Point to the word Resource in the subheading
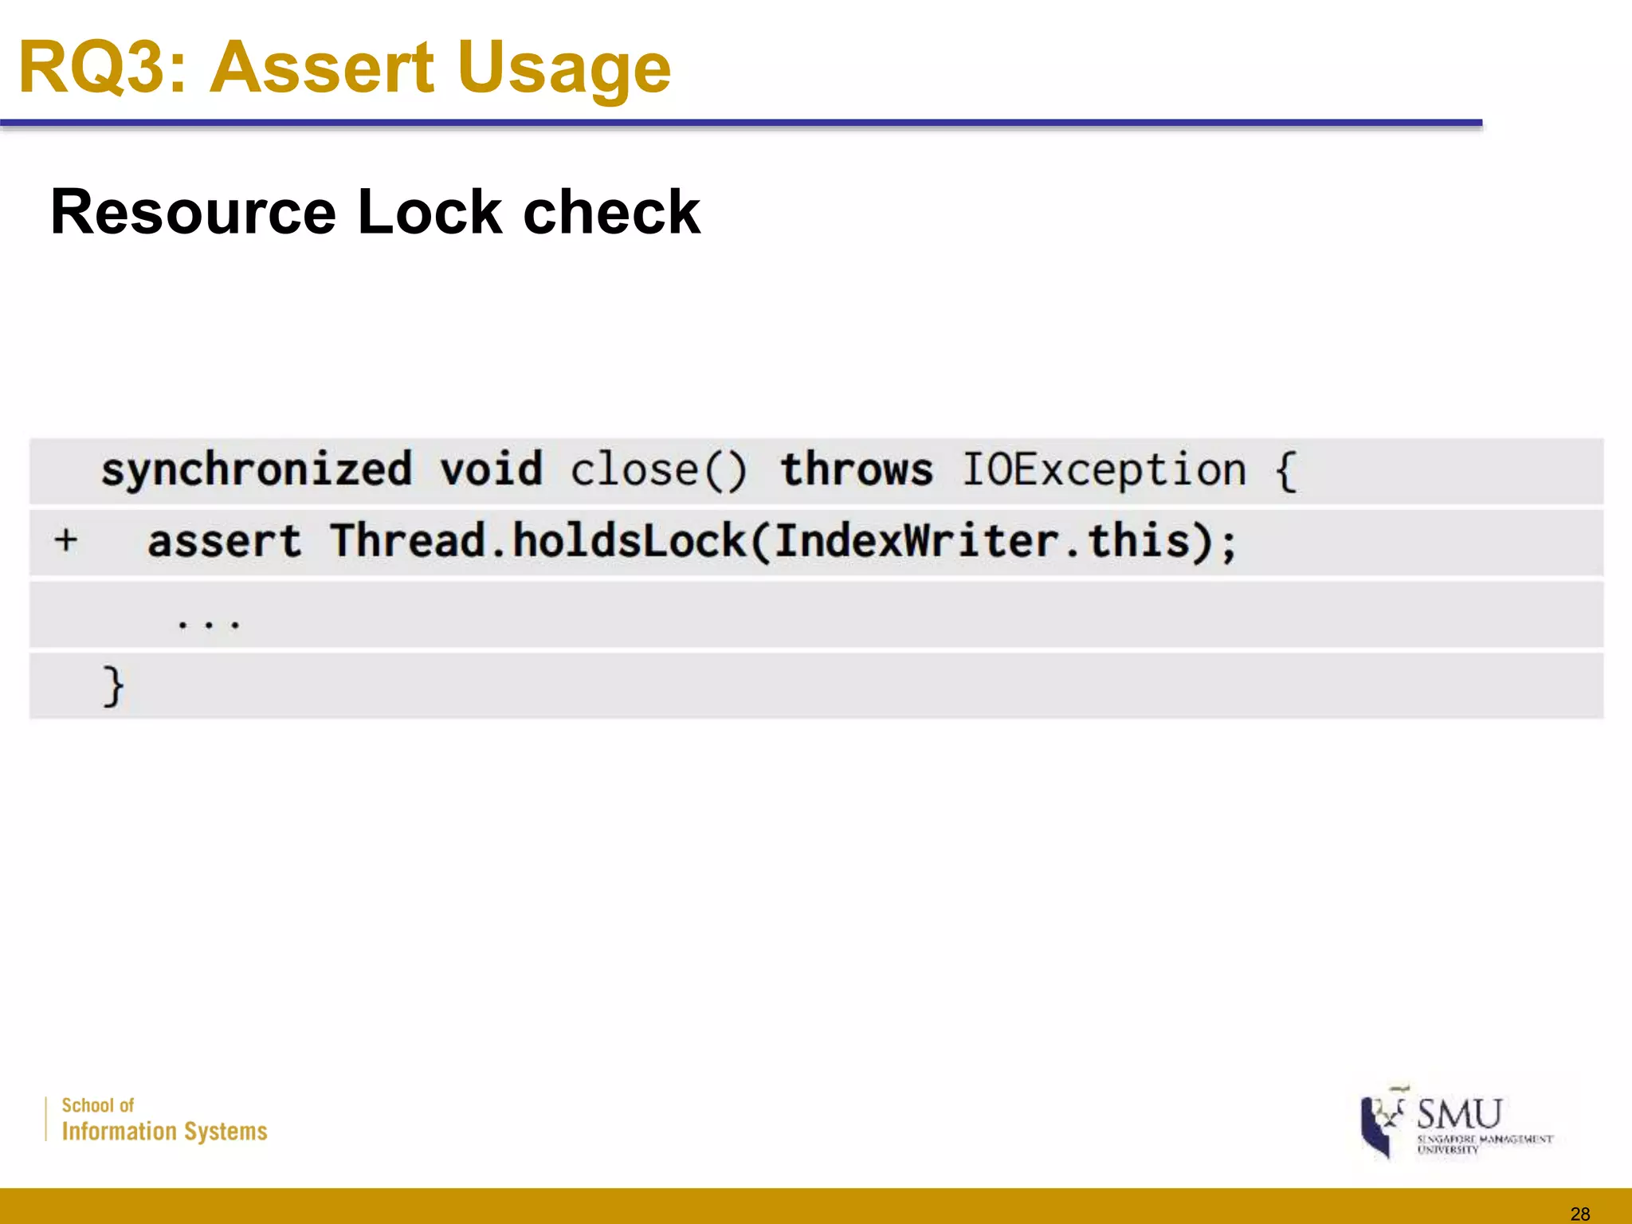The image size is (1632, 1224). click(x=194, y=212)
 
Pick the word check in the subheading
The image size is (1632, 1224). click(x=611, y=212)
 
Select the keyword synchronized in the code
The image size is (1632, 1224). click(x=257, y=469)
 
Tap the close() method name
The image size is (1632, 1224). click(x=659, y=469)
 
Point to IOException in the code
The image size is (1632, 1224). click(x=1104, y=469)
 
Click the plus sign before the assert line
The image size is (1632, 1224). click(x=66, y=540)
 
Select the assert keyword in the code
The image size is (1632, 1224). click(x=225, y=542)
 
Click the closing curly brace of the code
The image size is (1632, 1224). click(x=113, y=686)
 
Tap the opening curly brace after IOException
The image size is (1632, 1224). click(x=1285, y=470)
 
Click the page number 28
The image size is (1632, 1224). click(x=1579, y=1214)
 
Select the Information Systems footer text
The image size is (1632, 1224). click(x=164, y=1132)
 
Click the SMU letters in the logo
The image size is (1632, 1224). click(x=1459, y=1113)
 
